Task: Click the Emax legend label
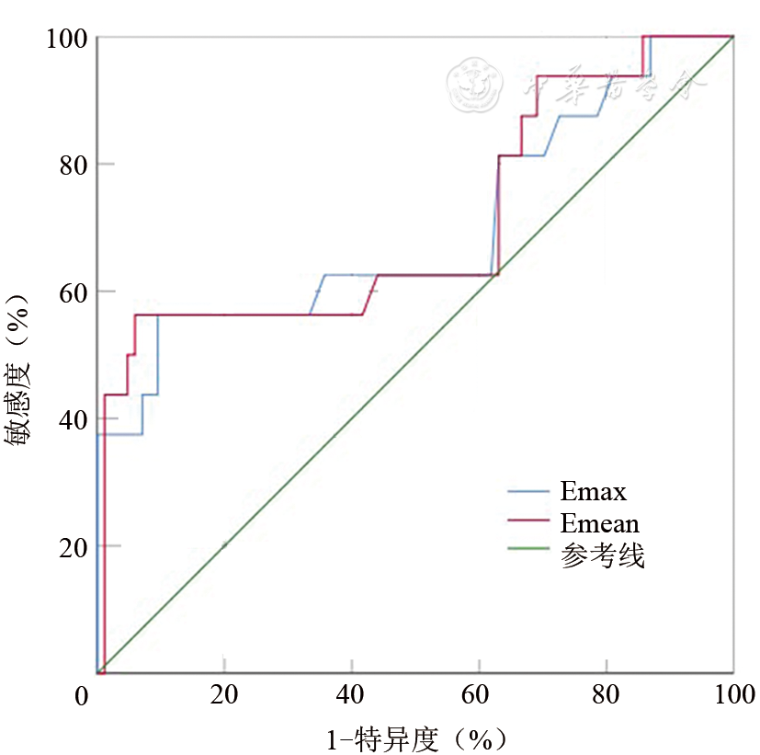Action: [593, 491]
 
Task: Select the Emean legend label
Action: [599, 523]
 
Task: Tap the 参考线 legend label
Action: [602, 556]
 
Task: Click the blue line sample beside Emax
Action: [531, 492]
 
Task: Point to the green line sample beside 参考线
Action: [531, 553]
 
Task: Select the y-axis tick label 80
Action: [74, 166]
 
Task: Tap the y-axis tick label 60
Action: [74, 292]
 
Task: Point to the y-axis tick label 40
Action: [74, 420]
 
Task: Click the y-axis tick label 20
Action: [74, 547]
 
